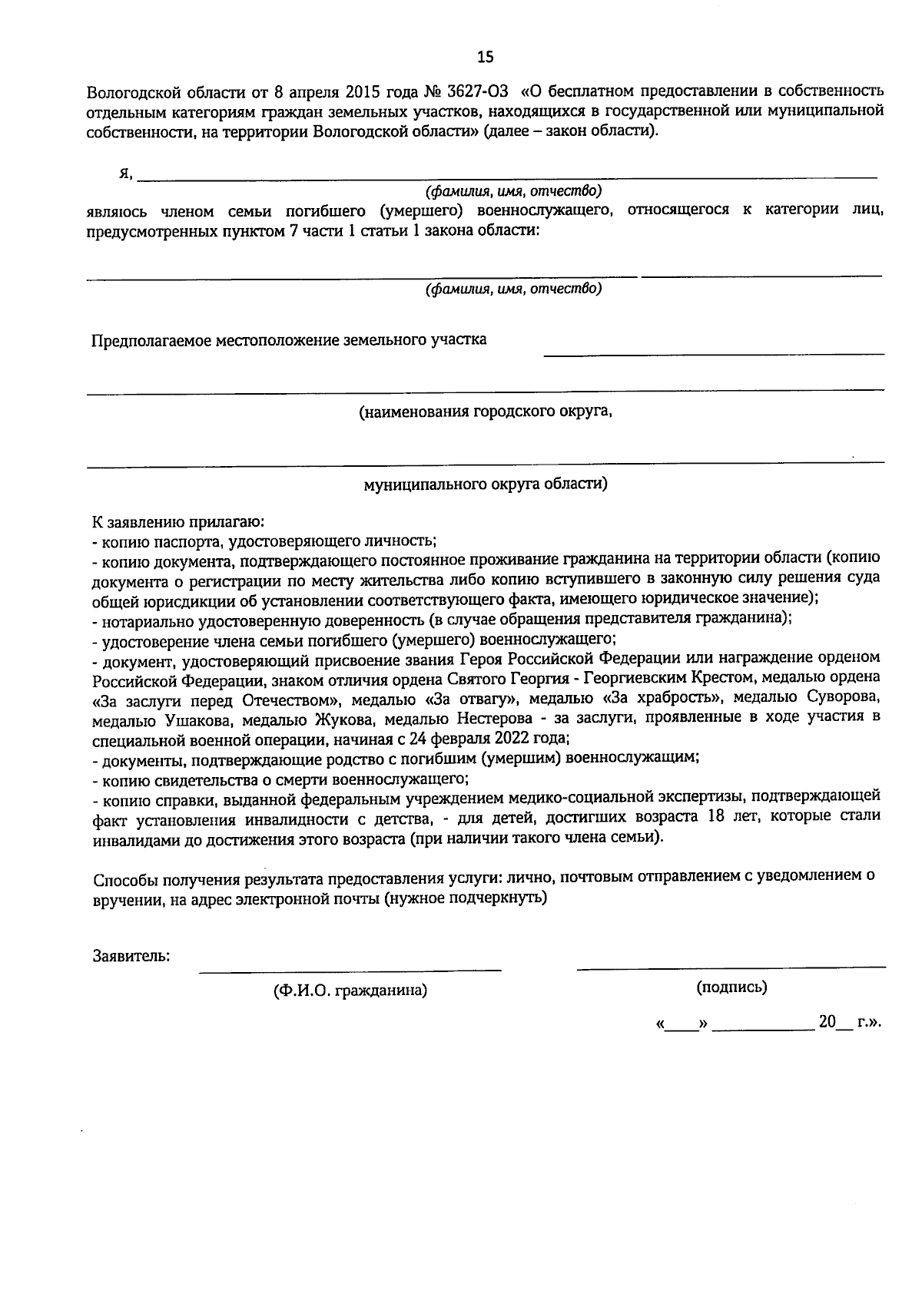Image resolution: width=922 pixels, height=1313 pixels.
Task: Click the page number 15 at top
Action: [x=486, y=57]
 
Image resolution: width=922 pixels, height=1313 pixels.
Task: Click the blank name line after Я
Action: [x=507, y=176]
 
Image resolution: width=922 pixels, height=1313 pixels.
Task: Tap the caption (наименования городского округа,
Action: [x=486, y=412]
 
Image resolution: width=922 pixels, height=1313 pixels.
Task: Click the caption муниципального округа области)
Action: [x=486, y=485]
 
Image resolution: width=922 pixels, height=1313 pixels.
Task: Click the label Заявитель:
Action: [x=131, y=957]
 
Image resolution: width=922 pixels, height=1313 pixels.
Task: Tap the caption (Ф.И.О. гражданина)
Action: [x=350, y=991]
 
